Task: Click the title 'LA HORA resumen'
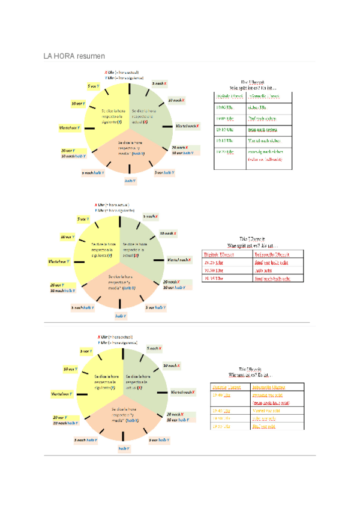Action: (70, 56)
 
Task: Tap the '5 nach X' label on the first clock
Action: (159, 83)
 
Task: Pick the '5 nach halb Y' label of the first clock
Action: (93, 172)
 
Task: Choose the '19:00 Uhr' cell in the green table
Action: (223, 107)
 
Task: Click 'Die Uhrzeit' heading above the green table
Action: (253, 82)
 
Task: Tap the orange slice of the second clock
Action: (119, 285)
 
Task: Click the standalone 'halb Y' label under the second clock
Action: (120, 316)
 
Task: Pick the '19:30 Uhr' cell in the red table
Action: (214, 270)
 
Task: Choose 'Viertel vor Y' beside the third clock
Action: (61, 394)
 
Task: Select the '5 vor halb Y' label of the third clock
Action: (162, 440)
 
